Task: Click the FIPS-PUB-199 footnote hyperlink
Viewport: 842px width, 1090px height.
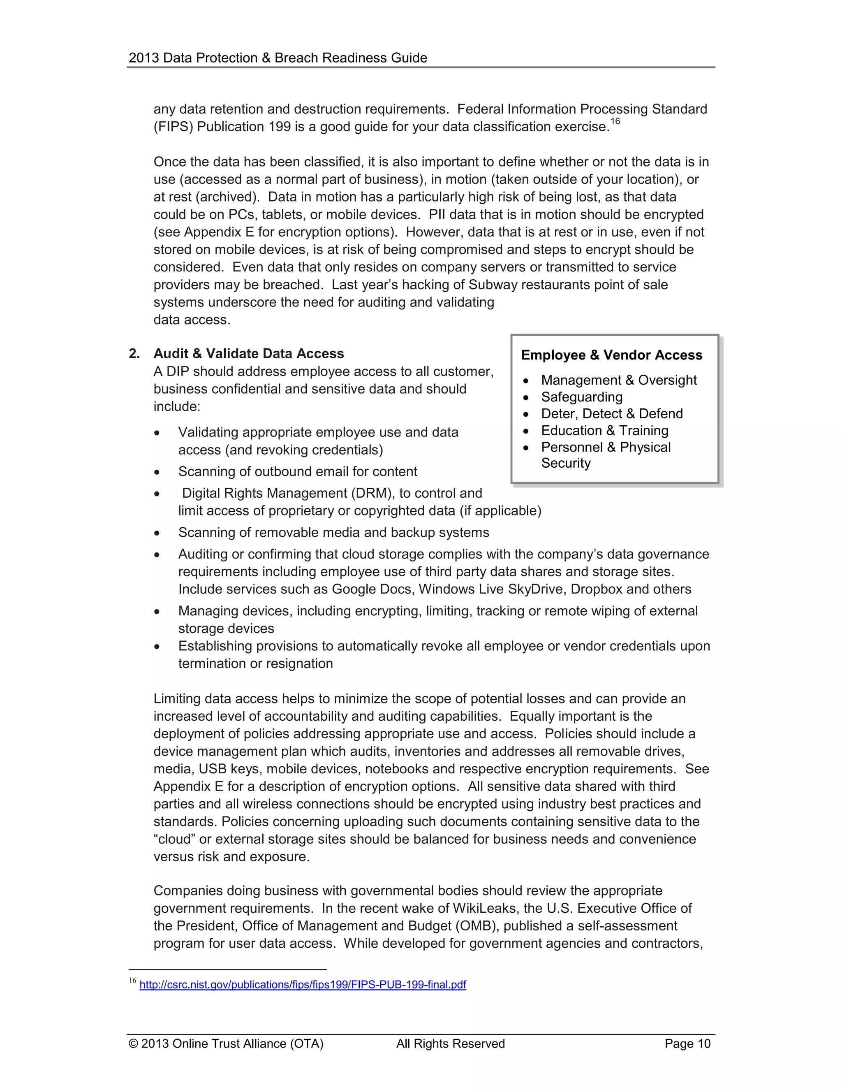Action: point(302,984)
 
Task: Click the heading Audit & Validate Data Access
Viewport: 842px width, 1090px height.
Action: point(248,353)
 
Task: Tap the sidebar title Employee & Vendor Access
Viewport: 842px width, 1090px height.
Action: point(611,355)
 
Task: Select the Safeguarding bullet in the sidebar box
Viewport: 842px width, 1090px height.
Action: point(582,397)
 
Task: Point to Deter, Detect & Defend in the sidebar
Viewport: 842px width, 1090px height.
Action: point(611,414)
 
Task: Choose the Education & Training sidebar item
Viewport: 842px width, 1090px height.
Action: point(604,430)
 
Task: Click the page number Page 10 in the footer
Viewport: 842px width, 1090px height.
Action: point(687,1044)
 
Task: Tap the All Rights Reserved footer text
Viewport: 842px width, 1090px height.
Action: point(451,1044)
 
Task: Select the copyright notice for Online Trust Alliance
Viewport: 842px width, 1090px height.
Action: point(226,1044)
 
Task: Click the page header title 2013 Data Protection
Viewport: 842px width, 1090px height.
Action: point(278,58)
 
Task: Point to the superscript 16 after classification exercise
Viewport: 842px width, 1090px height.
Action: point(615,121)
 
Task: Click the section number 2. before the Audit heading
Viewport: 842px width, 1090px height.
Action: point(134,353)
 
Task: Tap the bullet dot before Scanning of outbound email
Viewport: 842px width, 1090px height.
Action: point(157,472)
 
